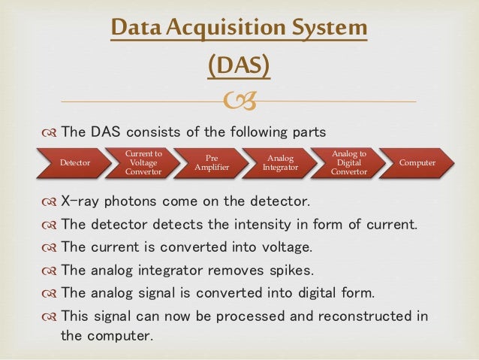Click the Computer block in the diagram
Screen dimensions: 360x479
[417, 162]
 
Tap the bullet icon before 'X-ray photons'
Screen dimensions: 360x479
[49, 203]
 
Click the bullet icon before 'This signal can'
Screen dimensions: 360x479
[49, 316]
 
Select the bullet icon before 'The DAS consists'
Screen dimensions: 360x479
[49, 132]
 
